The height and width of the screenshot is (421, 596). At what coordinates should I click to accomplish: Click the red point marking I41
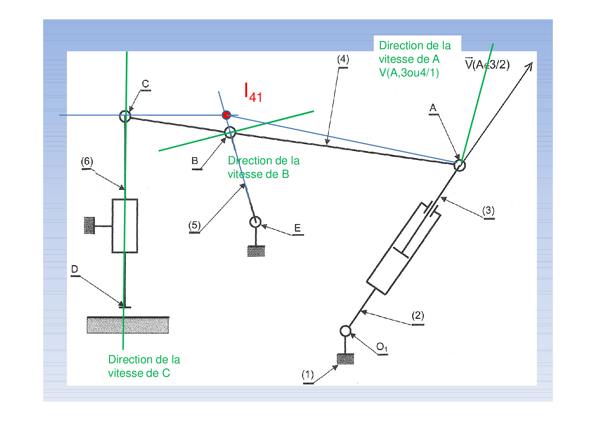(x=226, y=115)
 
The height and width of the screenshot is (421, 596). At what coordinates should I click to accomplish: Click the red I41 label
(x=253, y=93)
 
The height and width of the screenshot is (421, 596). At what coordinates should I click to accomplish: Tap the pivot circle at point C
(x=125, y=116)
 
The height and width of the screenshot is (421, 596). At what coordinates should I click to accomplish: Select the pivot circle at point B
(x=230, y=132)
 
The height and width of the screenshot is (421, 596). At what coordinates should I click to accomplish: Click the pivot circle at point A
(x=459, y=165)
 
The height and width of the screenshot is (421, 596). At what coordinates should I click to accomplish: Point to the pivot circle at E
(x=255, y=222)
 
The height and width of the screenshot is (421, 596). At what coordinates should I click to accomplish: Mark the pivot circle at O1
(x=345, y=331)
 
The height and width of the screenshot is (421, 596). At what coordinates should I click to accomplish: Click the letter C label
(x=145, y=84)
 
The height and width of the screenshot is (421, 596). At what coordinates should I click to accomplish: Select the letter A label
(x=433, y=108)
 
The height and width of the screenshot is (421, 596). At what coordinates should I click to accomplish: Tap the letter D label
(x=75, y=269)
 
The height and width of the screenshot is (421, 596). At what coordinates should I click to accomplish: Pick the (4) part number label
(x=343, y=59)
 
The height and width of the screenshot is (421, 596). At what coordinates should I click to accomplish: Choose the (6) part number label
(x=87, y=161)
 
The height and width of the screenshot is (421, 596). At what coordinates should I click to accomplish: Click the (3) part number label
(x=488, y=210)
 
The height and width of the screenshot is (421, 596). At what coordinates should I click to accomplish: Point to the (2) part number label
(x=418, y=316)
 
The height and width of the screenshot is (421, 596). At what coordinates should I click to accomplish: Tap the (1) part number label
(x=308, y=375)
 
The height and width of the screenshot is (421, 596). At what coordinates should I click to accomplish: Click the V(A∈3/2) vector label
(x=487, y=65)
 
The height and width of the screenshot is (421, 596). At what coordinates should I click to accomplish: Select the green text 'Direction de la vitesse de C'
(x=144, y=366)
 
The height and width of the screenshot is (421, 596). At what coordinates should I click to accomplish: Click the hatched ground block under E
(x=256, y=251)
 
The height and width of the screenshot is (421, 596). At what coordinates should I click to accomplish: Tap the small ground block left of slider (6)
(x=89, y=225)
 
